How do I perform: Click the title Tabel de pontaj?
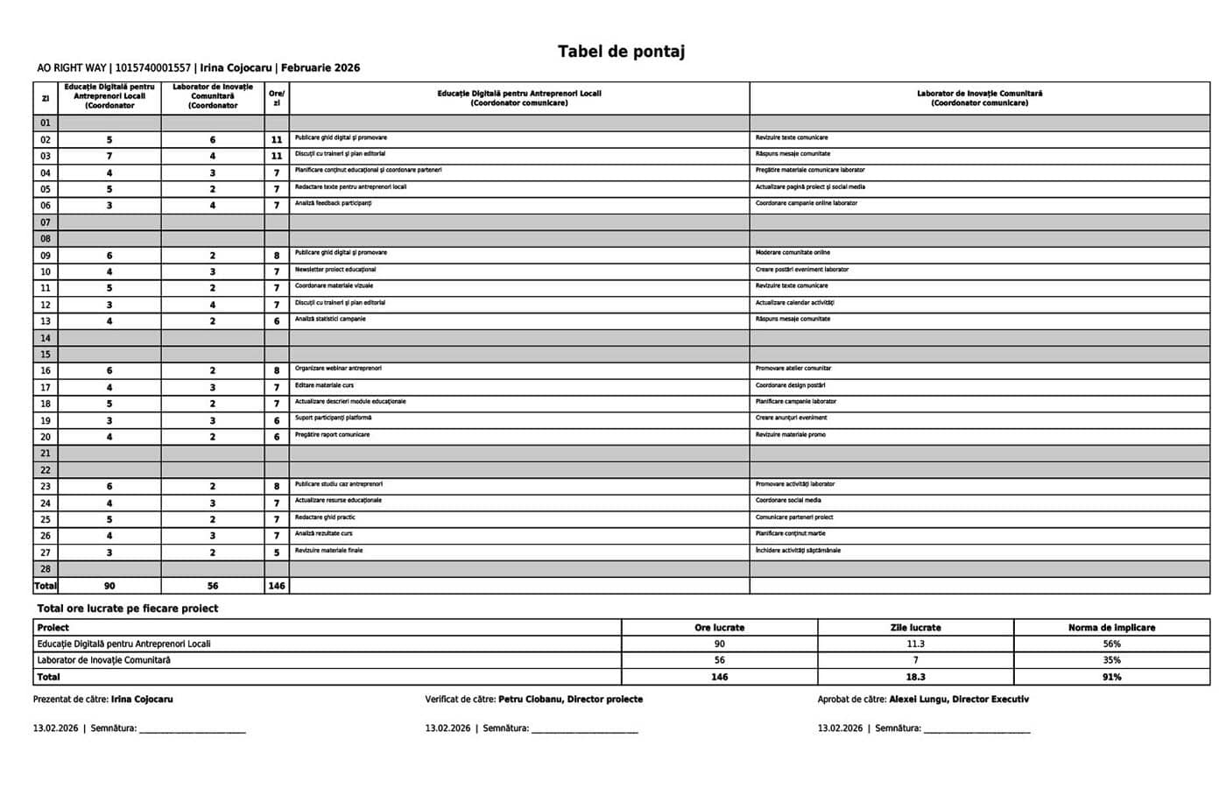click(621, 52)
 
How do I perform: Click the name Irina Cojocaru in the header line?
click(236, 68)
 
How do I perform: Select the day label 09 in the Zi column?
click(46, 256)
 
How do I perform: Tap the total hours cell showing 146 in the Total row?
click(277, 586)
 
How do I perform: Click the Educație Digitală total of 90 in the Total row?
click(109, 586)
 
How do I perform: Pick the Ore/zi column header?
click(277, 97)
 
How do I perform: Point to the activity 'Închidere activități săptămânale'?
click(798, 551)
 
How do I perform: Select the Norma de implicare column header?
click(1111, 628)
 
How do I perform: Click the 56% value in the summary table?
click(1111, 644)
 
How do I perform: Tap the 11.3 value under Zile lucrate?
click(915, 644)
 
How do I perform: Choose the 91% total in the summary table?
click(1111, 677)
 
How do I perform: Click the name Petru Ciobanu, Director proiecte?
click(570, 700)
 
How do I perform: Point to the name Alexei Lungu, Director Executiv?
click(959, 700)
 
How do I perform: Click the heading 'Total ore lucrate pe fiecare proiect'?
click(128, 609)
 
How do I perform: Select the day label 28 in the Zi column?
click(46, 569)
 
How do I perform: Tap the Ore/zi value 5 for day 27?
click(277, 552)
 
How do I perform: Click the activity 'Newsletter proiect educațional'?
click(335, 270)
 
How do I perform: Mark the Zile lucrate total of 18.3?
click(915, 677)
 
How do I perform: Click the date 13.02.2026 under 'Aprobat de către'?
click(840, 728)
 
